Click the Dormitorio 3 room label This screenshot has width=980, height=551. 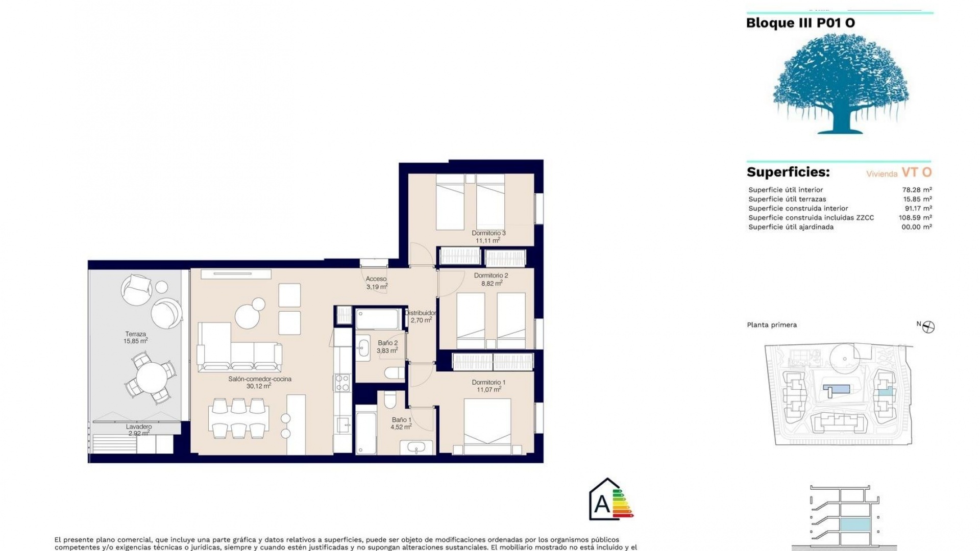488,233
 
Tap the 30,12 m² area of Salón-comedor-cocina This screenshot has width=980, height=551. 258,386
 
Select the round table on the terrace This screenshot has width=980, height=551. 151,378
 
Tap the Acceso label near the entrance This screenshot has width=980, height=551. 376,279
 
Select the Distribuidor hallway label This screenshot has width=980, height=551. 421,313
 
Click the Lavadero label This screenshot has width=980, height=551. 139,427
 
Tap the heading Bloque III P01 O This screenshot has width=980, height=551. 800,23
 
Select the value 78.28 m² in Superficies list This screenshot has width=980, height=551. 917,190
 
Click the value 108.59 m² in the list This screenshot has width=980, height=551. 915,218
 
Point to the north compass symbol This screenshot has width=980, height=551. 928,327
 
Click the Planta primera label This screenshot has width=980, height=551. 772,325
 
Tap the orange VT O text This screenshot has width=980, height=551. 917,172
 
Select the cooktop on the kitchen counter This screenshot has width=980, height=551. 342,383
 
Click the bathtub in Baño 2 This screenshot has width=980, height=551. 377,319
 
